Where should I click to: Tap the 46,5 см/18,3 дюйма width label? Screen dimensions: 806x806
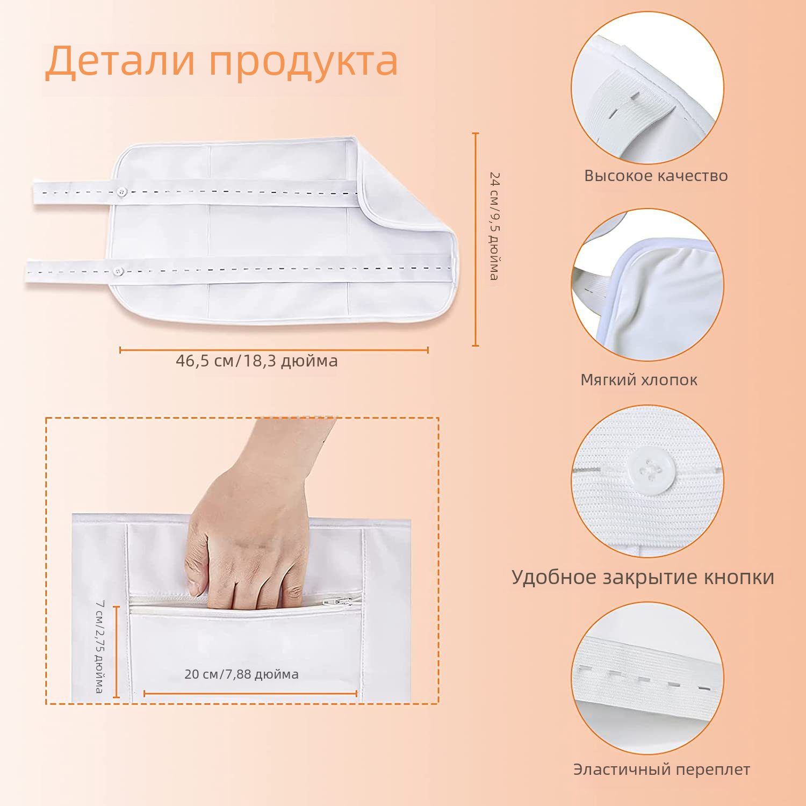[x=257, y=361]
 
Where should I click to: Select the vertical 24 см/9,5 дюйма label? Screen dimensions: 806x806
[x=494, y=226]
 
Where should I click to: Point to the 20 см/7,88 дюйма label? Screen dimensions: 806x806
[x=241, y=674]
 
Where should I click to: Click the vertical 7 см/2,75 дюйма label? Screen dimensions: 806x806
[x=99, y=646]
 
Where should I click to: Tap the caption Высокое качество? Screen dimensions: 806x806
[x=656, y=176]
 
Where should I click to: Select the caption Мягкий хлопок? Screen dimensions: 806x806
[x=639, y=380]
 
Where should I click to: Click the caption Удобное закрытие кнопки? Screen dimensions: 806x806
[x=643, y=577]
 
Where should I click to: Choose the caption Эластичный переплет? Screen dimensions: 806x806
[x=661, y=769]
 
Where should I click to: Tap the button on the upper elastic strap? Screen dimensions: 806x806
[x=122, y=192]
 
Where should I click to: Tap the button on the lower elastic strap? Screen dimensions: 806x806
[x=118, y=271]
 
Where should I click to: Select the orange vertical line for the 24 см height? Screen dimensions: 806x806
[x=475, y=239]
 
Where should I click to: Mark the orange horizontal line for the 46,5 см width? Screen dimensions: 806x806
[x=274, y=350]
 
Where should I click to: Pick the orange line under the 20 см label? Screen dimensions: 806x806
[x=250, y=693]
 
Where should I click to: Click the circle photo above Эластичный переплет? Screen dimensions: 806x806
[x=647, y=678]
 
